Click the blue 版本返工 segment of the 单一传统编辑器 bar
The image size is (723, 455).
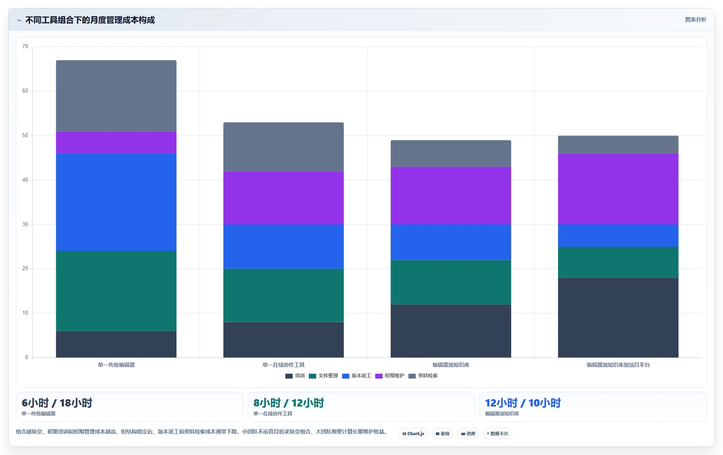click(x=116, y=202)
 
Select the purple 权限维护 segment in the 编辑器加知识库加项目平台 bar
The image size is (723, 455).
click(x=618, y=189)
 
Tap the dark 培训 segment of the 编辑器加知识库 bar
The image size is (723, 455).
click(x=451, y=331)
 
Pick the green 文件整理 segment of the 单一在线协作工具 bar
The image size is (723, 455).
click(x=283, y=295)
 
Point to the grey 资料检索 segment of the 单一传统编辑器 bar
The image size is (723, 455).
click(x=116, y=95)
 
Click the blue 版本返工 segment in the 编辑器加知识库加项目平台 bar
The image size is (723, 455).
click(x=618, y=235)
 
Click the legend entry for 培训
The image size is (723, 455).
click(x=295, y=376)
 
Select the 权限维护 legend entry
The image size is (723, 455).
click(x=390, y=376)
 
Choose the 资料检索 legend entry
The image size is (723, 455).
click(x=423, y=376)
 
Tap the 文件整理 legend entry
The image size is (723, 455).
click(x=323, y=376)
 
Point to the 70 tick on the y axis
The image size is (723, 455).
click(x=25, y=47)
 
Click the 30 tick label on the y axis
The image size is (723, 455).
click(x=25, y=224)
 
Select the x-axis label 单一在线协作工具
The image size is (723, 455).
click(x=283, y=365)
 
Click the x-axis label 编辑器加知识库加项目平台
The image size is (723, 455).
click(x=618, y=365)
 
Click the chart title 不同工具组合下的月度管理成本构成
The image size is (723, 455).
click(x=90, y=20)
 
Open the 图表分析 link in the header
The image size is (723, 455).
click(x=695, y=19)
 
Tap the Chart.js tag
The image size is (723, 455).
click(x=413, y=434)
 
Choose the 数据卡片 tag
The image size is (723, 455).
click(x=498, y=434)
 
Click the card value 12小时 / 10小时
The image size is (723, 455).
click(x=523, y=403)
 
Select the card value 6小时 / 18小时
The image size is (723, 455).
click(x=57, y=403)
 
